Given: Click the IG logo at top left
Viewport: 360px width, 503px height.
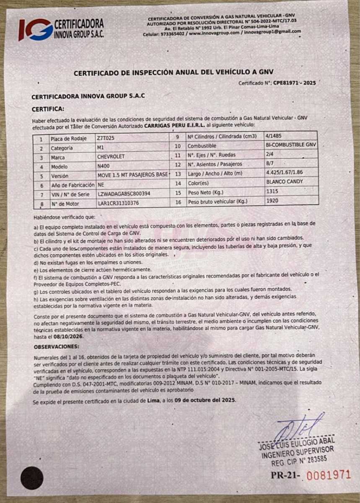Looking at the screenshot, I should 36,29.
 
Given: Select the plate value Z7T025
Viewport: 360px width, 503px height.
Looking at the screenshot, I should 105,138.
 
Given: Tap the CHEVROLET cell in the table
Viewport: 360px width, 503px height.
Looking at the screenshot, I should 111,157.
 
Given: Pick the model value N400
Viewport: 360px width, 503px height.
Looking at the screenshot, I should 103,166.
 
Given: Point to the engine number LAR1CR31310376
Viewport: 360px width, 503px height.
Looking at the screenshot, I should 118,203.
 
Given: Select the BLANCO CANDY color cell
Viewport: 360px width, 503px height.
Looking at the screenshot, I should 285,182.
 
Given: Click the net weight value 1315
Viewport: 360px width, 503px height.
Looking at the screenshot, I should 272,192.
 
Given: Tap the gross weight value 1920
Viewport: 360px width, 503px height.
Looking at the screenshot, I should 272,201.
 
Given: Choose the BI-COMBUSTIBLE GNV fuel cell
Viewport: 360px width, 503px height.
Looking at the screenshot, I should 291,145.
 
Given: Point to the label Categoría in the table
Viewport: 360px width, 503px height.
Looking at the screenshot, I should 62,148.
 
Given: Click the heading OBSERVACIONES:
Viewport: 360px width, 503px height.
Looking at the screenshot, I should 56,347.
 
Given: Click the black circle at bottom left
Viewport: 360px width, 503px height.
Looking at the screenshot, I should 32,478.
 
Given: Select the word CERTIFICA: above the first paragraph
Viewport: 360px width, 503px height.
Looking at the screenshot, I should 48,109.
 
